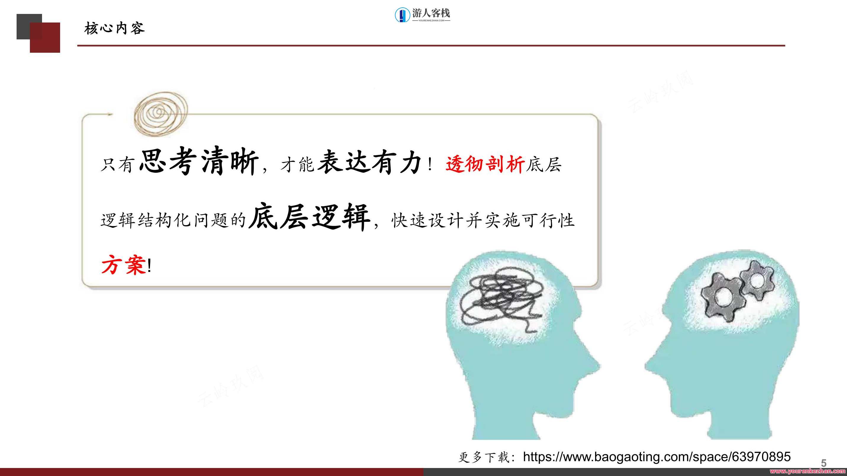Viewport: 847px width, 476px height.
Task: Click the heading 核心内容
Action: [x=115, y=29]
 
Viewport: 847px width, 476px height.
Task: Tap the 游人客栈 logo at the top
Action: [x=422, y=15]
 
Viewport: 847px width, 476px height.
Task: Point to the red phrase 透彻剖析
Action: [x=485, y=164]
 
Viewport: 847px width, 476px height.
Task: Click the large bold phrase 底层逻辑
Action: [x=309, y=217]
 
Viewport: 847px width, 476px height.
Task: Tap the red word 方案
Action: [x=123, y=265]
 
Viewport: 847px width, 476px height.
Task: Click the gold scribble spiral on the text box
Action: [x=160, y=114]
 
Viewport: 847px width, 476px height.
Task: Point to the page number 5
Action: [x=823, y=463]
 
